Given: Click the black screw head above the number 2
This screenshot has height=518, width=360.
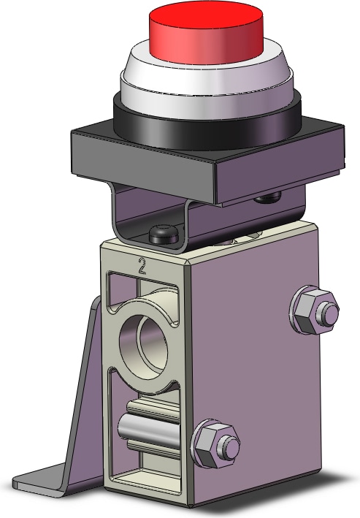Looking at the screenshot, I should click(x=161, y=235).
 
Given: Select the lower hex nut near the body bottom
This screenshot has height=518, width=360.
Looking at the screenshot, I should click(x=215, y=445).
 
